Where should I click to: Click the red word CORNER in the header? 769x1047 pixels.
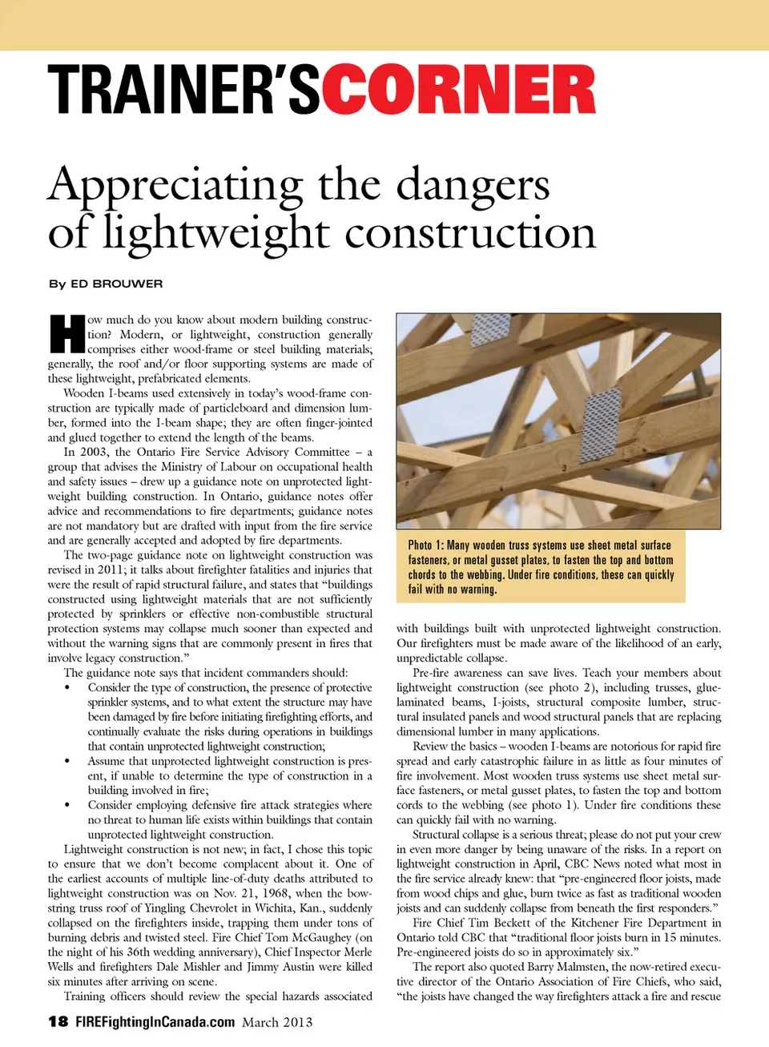click(459, 90)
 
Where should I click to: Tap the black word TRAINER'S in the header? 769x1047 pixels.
click(184, 90)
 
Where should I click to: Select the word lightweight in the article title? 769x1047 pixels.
click(216, 233)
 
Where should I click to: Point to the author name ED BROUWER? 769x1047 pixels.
click(116, 284)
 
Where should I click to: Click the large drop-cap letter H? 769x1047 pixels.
click(66, 334)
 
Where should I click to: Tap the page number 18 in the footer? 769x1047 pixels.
click(58, 1021)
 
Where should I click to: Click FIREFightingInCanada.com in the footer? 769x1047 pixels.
click(155, 1021)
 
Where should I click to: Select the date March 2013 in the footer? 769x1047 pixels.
click(277, 1021)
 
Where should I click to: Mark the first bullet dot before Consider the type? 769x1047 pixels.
click(67, 688)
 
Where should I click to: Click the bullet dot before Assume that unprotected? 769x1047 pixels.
click(67, 762)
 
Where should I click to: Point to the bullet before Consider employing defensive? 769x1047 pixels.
click(67, 806)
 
